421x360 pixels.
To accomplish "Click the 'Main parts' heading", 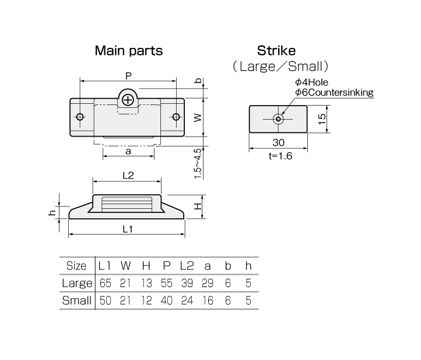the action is click(x=129, y=51).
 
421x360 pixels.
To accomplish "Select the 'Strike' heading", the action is click(x=276, y=51).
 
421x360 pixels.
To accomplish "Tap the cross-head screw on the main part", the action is click(x=128, y=100).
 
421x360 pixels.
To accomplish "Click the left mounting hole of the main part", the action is click(x=80, y=117).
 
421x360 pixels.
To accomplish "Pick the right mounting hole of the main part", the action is click(x=176, y=117).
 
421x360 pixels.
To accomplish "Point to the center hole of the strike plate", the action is click(x=278, y=119).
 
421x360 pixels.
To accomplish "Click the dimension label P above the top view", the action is click(x=129, y=76).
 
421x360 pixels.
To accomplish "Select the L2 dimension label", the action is click(x=128, y=176).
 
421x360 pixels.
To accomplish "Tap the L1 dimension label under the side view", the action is click(x=128, y=229).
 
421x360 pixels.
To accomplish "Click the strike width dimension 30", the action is click(x=278, y=142).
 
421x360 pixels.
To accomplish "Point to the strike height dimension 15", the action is click(x=322, y=119).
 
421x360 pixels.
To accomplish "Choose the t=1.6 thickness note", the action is click(x=280, y=156).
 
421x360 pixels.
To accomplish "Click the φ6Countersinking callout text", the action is click(x=334, y=92).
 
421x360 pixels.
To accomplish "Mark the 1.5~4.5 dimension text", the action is click(x=197, y=163).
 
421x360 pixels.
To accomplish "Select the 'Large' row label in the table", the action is click(x=77, y=283).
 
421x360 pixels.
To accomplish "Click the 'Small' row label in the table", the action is click(x=77, y=300).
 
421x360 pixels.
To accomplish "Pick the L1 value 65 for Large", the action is click(x=105, y=283).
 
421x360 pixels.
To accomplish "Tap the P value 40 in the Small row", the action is click(x=166, y=300).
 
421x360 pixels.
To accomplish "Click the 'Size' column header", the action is click(x=76, y=265).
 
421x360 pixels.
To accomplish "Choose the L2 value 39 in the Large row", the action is click(x=187, y=283).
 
